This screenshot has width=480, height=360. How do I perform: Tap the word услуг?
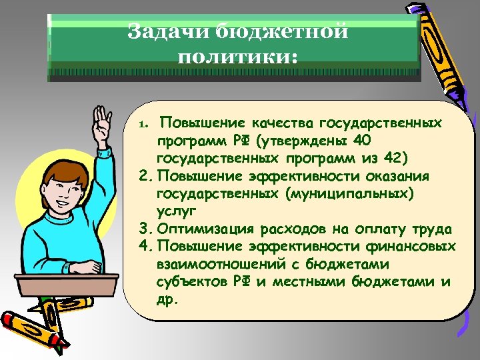click(176, 211)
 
